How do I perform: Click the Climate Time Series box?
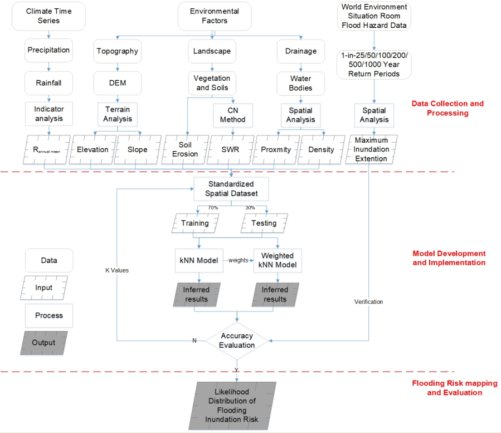pos(50,16)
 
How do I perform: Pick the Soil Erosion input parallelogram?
pos(184,149)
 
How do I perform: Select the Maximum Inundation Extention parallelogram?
pos(371,149)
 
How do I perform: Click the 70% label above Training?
pos(213,207)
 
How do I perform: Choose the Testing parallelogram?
pos(264,223)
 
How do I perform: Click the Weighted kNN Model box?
pos(278,260)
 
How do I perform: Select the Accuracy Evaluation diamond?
pos(237,340)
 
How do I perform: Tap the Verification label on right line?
pos(368,301)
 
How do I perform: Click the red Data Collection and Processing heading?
pos(447,108)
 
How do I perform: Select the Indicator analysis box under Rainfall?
pos(49,114)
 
